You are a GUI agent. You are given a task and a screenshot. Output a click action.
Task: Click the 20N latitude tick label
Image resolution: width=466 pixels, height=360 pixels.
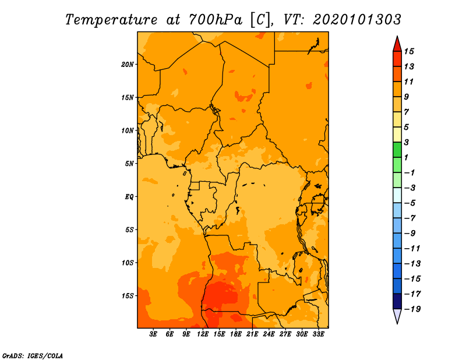(x=128, y=65)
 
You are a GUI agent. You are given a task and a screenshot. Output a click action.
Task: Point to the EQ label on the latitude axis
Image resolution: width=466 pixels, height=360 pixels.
(x=129, y=197)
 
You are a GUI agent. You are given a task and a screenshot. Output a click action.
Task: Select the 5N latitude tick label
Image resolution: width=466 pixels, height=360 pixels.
(x=129, y=164)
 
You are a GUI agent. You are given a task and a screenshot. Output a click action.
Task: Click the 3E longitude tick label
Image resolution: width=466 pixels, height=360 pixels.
(x=153, y=334)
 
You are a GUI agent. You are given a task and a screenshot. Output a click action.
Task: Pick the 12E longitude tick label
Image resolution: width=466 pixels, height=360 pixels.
(x=203, y=334)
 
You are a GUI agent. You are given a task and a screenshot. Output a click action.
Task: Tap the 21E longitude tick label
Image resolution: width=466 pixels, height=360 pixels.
(x=252, y=334)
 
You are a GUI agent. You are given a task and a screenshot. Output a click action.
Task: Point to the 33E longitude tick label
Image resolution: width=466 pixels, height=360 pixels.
(x=318, y=334)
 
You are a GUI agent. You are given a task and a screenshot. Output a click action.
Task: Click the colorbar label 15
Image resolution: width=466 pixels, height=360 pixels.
(x=409, y=51)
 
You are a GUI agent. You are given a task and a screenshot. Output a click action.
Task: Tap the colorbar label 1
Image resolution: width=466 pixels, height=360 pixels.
(x=406, y=157)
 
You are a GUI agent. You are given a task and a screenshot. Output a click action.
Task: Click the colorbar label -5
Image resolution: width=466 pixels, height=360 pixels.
(x=410, y=203)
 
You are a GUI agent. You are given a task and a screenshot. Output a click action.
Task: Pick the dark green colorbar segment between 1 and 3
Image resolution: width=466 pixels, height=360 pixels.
(x=397, y=150)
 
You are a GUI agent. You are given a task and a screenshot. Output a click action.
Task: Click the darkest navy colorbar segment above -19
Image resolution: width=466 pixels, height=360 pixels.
(x=397, y=301)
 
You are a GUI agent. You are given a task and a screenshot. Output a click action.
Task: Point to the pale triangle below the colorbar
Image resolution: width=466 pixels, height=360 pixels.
(x=397, y=316)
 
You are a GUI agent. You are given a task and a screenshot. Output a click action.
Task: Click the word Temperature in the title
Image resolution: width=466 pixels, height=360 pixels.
(x=111, y=20)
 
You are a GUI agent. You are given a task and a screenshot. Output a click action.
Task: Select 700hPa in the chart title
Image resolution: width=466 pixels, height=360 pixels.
(x=216, y=20)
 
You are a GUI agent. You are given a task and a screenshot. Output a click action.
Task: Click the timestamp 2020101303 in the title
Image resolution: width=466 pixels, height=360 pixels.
(x=357, y=20)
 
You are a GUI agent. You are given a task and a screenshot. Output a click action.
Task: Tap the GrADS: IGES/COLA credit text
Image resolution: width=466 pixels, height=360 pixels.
(x=33, y=355)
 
